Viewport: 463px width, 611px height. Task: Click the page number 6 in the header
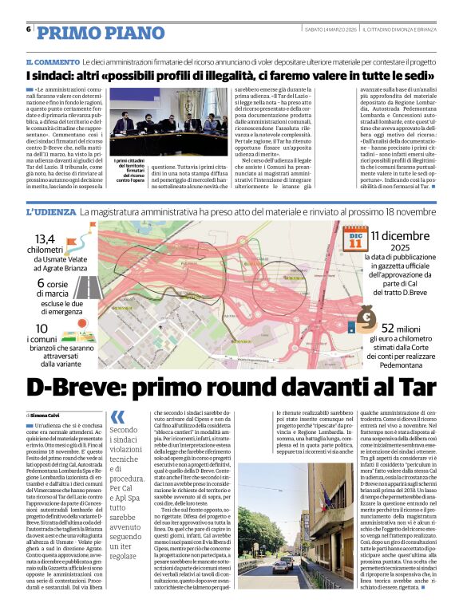point(28,30)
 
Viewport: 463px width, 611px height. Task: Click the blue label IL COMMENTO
point(52,61)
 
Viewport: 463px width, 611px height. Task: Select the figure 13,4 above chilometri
point(45,239)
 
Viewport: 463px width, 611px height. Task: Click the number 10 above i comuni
point(42,329)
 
